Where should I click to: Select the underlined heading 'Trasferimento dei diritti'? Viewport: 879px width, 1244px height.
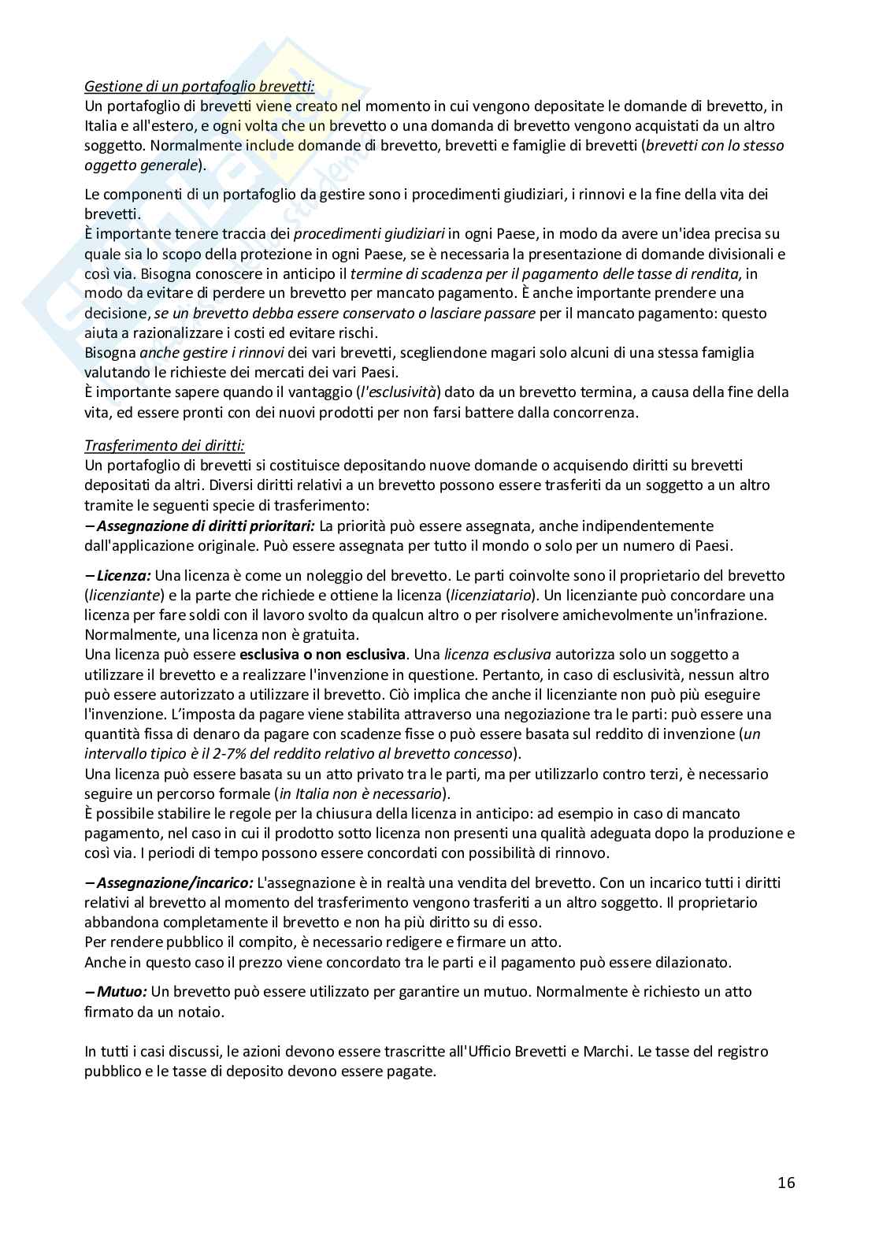(x=165, y=445)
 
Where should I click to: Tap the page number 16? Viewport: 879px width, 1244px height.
(x=786, y=1183)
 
